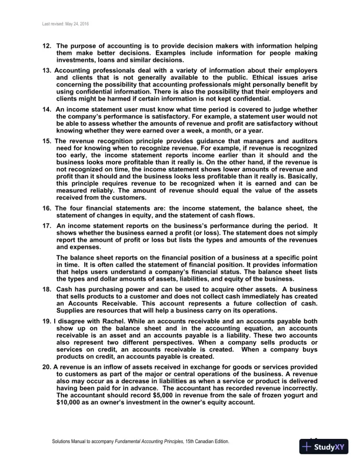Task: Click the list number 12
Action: tap(46, 46)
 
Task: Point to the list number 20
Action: tap(46, 367)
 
